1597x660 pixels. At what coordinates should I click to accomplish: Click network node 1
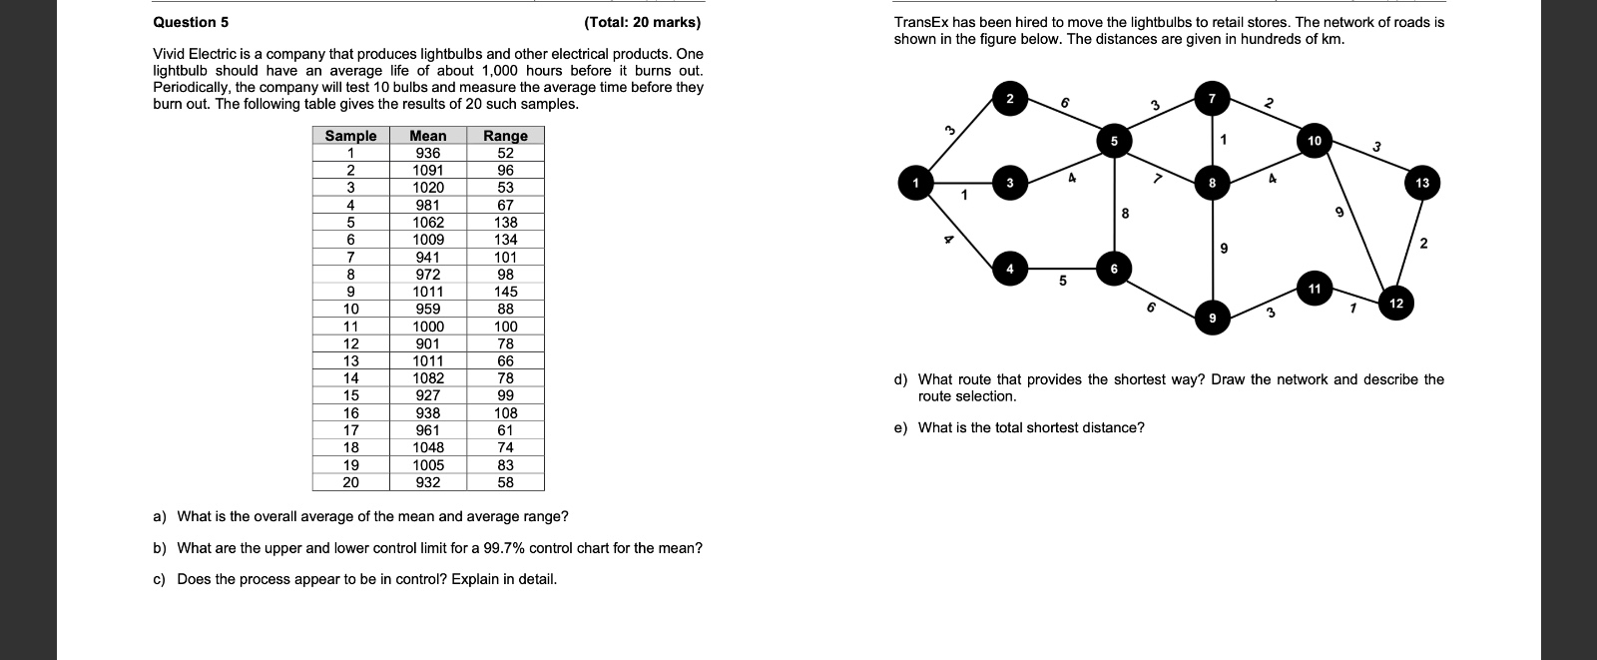point(915,184)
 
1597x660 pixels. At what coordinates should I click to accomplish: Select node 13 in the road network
point(1421,183)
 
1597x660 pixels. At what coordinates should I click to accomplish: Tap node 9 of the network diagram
point(1212,319)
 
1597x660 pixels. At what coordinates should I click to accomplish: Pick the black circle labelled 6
point(1114,269)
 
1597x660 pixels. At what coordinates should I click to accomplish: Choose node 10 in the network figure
point(1315,141)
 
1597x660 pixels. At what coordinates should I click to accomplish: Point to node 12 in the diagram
point(1395,304)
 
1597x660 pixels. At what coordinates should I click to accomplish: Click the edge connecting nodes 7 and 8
point(1212,140)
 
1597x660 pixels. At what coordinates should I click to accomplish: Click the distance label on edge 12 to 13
point(1423,244)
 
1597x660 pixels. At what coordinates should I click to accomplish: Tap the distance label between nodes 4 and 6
point(1062,282)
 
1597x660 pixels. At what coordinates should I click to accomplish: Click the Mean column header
point(428,136)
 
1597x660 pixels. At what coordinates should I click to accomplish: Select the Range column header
point(505,136)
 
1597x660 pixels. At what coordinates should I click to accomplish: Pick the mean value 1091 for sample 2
point(428,171)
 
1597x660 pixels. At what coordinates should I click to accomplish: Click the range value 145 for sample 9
point(505,292)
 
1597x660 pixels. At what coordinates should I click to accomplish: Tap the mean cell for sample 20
point(428,482)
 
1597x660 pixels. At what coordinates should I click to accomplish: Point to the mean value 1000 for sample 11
point(428,327)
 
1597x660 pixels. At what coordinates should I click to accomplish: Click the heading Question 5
point(191,22)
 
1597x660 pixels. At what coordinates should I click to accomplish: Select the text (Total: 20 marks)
point(642,22)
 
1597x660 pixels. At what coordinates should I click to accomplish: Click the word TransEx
point(921,22)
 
